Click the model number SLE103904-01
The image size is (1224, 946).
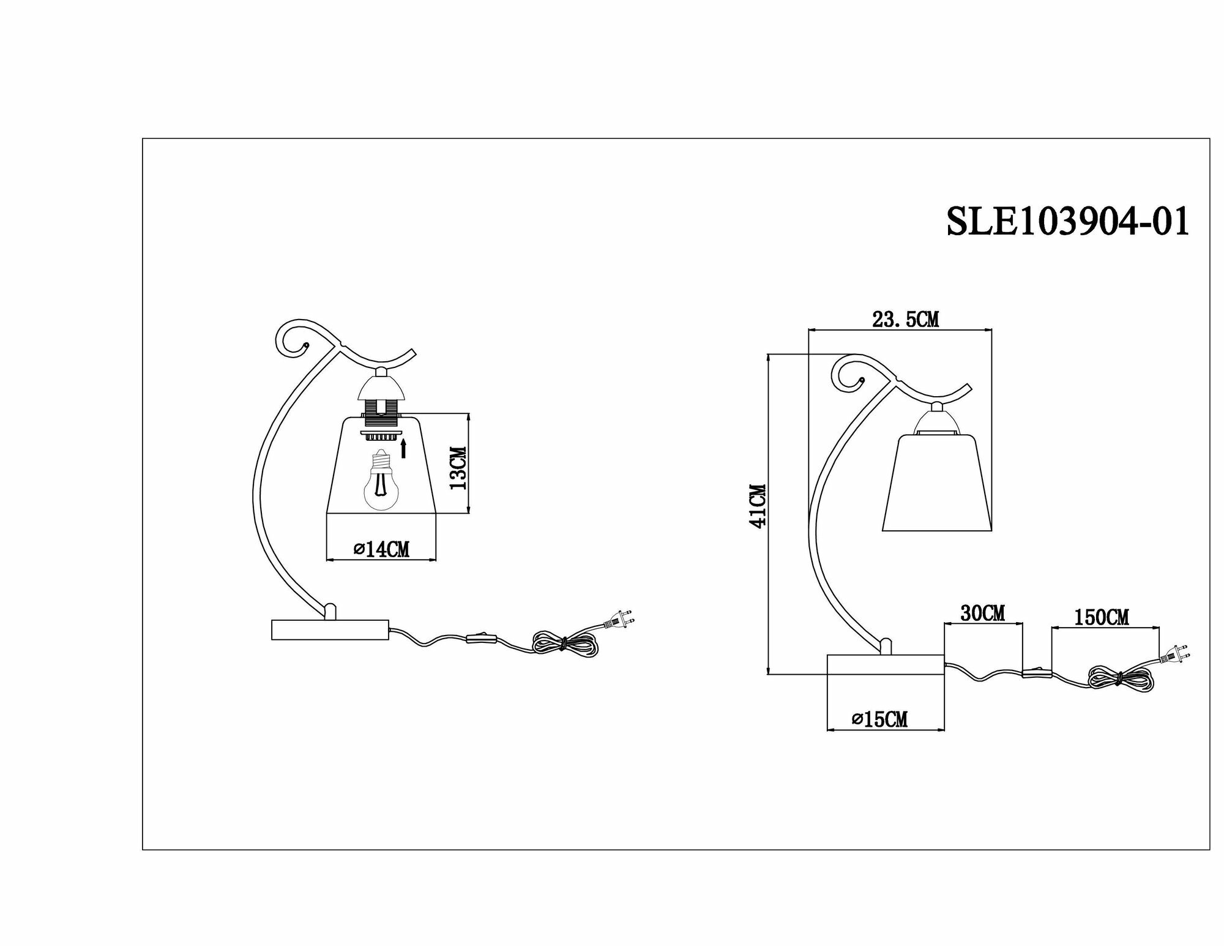(x=1068, y=222)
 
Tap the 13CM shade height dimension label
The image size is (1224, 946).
(x=458, y=468)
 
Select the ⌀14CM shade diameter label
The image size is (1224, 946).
(x=382, y=550)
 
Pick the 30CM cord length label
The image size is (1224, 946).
(x=982, y=613)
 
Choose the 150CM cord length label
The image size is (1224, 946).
(x=1101, y=617)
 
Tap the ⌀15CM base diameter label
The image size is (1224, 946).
(x=879, y=719)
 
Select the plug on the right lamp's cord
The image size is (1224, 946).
(x=1171, y=656)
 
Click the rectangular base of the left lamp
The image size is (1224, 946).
(x=330, y=629)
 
